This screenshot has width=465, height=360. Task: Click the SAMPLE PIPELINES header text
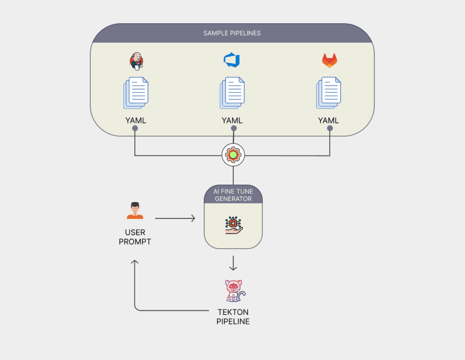click(x=232, y=33)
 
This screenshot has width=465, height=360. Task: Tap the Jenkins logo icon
click(x=135, y=61)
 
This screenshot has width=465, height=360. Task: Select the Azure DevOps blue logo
click(x=232, y=60)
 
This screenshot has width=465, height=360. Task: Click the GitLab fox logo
click(x=330, y=60)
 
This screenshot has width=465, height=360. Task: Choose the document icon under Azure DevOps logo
click(x=232, y=93)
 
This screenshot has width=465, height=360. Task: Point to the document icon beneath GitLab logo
click(x=329, y=93)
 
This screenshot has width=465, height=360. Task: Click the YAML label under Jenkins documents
click(x=135, y=120)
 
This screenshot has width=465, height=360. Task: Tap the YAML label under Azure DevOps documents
click(x=232, y=120)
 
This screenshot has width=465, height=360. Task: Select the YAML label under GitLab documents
click(x=329, y=120)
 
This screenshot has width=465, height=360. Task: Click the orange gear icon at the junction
click(x=233, y=155)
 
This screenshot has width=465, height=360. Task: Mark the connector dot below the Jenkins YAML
click(x=135, y=129)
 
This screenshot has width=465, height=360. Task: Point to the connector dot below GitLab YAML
click(x=330, y=129)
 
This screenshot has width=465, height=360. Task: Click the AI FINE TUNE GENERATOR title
click(x=233, y=195)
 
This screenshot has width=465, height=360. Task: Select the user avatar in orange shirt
click(x=135, y=210)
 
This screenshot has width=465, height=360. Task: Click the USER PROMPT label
click(x=135, y=237)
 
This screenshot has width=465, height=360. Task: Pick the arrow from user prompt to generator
click(x=175, y=219)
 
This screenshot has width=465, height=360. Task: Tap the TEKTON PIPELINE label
click(x=233, y=317)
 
